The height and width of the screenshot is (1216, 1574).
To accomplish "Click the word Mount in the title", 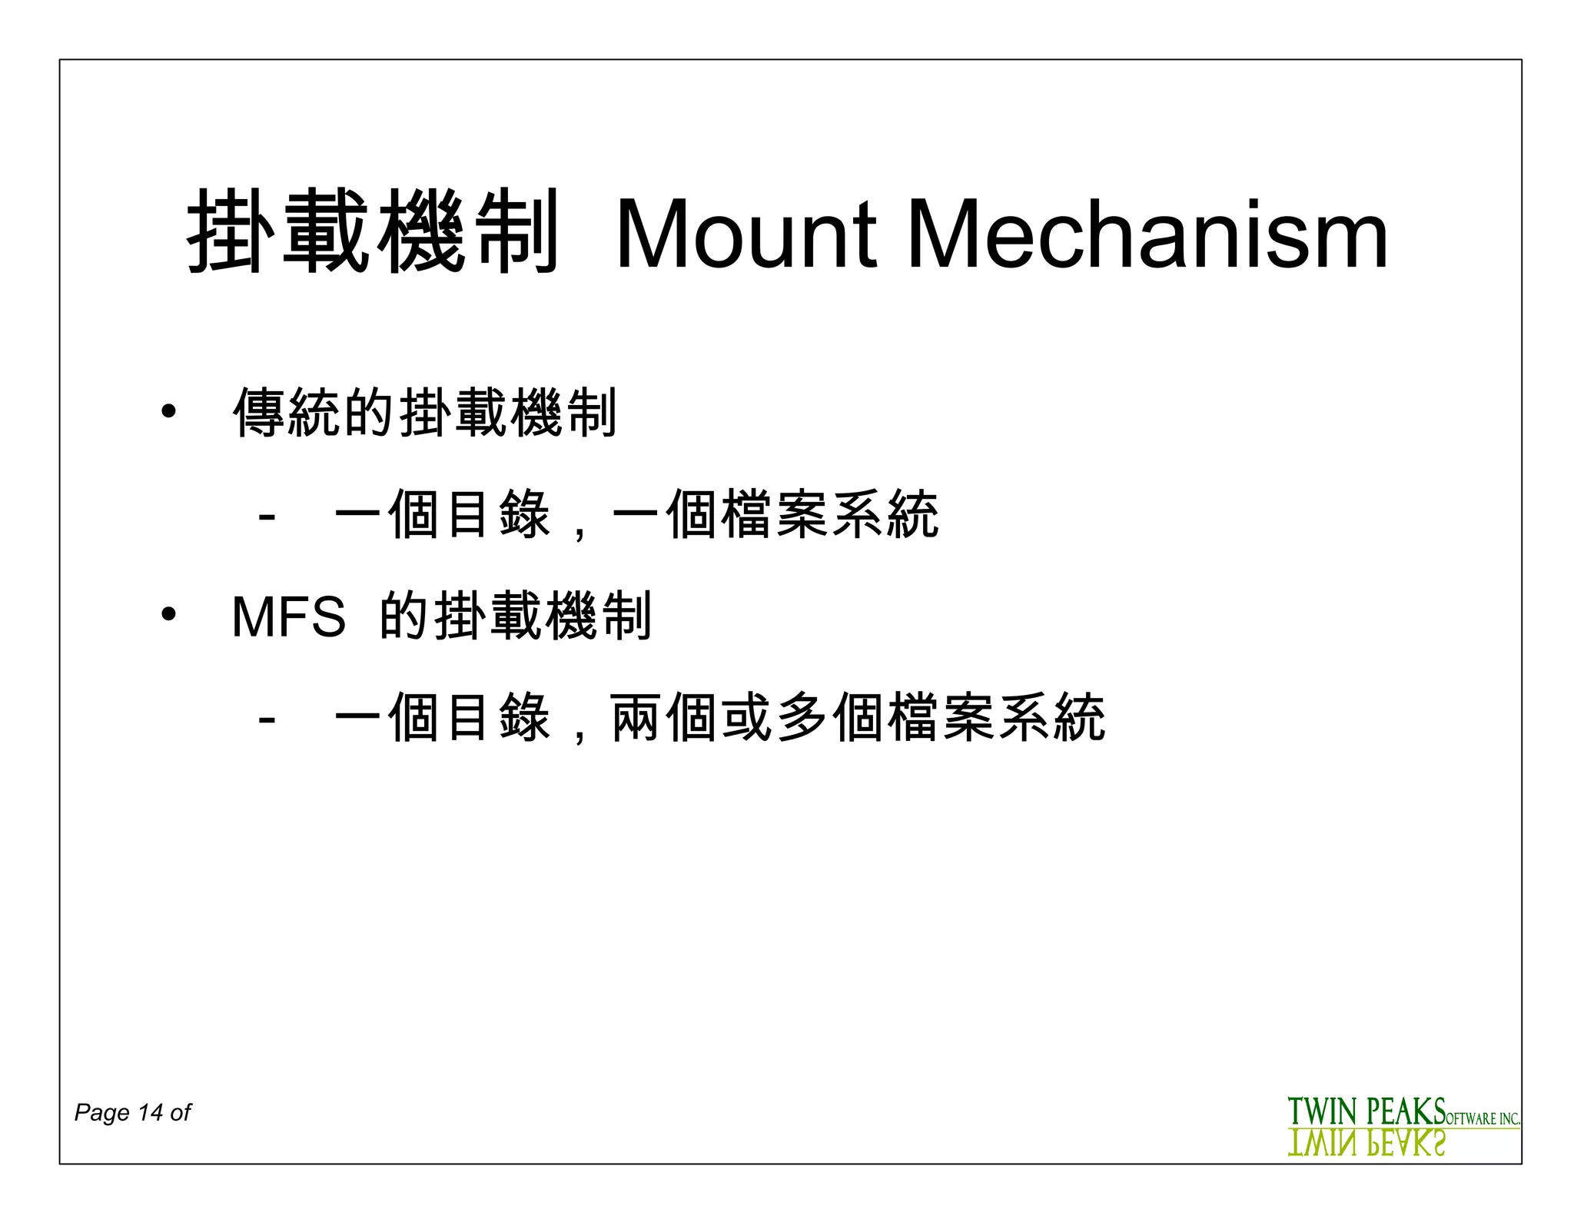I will click(745, 234).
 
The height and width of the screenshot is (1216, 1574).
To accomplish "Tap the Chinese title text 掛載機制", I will click(373, 231).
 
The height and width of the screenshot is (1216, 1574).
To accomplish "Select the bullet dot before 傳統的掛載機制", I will click(168, 412).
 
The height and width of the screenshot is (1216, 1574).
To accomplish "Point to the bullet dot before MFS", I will click(168, 615).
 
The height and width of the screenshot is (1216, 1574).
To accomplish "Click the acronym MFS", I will click(288, 616).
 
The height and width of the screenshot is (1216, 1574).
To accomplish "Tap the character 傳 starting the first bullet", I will click(260, 413).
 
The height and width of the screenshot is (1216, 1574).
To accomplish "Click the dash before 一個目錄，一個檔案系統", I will click(267, 516).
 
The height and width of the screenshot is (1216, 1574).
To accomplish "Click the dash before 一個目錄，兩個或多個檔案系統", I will click(267, 719).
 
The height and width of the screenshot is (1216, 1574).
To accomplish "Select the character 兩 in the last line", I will click(636, 717).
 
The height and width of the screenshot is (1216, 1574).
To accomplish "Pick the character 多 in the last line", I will click(803, 717).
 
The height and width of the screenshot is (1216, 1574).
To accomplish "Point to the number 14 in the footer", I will click(150, 1112).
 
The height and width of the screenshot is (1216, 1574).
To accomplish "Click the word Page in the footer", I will click(101, 1112).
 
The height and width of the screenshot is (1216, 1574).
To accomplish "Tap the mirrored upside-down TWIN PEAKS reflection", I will click(1366, 1144).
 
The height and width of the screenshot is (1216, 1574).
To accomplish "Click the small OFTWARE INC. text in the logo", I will click(1483, 1118).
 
